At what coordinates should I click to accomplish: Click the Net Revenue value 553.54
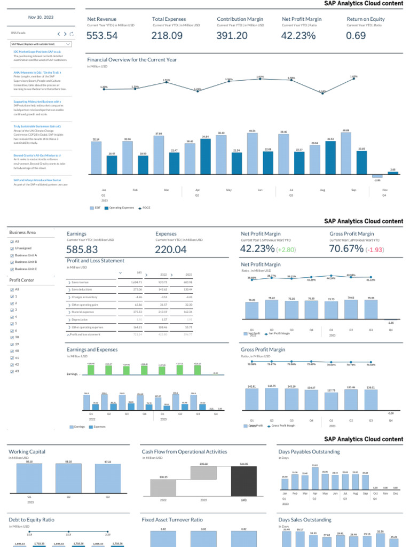102,36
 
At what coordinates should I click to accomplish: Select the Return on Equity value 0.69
356,36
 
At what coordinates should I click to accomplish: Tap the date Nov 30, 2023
41,18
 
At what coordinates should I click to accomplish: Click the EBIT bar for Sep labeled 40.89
346,155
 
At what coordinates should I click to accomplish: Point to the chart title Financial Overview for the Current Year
132,60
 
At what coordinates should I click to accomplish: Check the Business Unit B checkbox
11,262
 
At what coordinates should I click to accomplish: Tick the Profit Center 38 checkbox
11,338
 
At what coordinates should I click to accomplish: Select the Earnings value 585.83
82,249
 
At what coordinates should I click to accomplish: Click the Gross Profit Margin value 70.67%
346,249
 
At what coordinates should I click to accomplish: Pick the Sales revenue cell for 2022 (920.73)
164,282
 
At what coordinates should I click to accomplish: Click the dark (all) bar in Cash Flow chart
243,481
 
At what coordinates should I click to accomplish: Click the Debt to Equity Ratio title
31,519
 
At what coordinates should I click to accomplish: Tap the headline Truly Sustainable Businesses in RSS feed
37,126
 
